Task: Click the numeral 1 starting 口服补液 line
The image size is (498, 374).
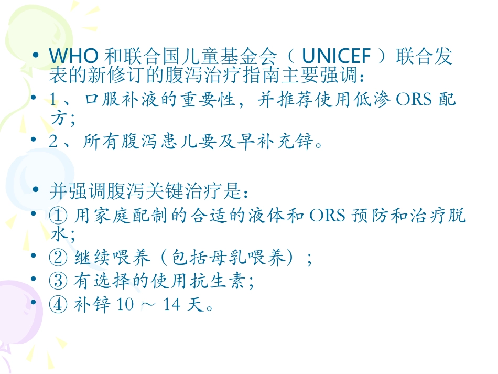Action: [53, 100]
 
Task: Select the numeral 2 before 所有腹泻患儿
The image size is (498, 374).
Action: [53, 141]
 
